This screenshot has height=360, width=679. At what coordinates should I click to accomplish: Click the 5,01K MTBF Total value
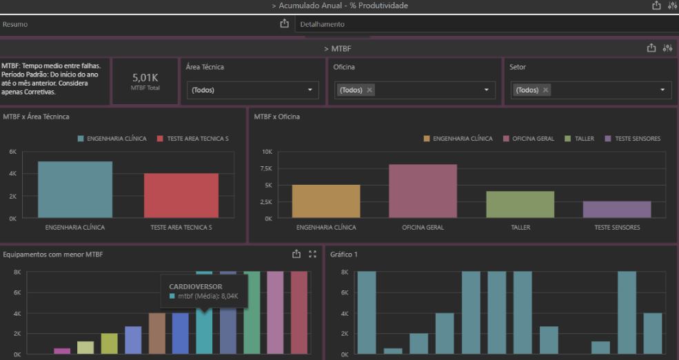pos(145,78)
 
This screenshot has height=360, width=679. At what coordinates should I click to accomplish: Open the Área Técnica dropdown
pos(252,90)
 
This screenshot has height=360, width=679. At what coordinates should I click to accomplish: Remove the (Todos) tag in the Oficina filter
pos(369,90)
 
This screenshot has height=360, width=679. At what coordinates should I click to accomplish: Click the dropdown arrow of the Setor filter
pos(662,90)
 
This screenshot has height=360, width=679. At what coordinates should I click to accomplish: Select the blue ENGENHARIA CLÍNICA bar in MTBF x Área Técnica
pos(75,190)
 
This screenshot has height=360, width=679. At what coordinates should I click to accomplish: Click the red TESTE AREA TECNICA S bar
pos(181,195)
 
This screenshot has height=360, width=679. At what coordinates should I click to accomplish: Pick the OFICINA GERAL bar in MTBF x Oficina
pos(423,191)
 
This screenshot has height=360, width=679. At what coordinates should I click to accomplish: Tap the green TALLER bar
pos(520,204)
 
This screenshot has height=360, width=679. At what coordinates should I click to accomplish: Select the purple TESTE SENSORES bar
pos(617,210)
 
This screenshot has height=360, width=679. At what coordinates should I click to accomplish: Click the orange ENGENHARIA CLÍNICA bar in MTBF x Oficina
pos(326,201)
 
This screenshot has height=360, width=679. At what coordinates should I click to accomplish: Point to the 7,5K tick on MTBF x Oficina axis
pos(267,168)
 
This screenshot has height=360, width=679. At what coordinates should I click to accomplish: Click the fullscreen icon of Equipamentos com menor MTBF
pos(312,254)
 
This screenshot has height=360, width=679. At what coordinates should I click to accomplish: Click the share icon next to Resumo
pos(284,23)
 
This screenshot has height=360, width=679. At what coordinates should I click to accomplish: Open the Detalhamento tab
pos(322,24)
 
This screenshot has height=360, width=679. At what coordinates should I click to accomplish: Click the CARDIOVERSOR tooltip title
pos(196,286)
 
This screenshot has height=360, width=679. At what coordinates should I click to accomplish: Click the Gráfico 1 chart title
pos(344,254)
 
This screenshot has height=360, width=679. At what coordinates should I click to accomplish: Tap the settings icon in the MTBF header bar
pos(667,48)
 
